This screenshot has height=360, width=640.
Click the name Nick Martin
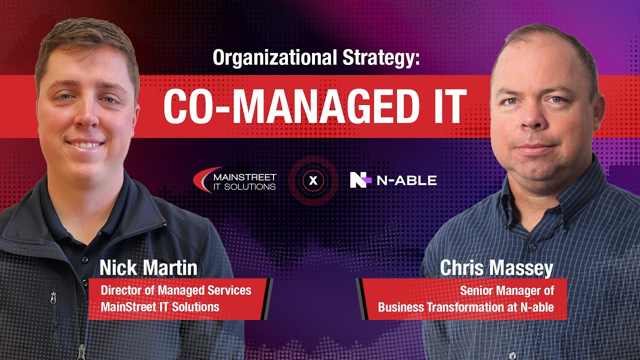(148, 268)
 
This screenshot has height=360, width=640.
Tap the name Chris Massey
(496, 268)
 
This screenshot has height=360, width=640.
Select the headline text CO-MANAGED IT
(314, 107)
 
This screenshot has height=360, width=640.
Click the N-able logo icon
(360, 180)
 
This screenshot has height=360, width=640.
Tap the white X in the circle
(313, 180)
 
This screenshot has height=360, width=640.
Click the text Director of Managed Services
(176, 290)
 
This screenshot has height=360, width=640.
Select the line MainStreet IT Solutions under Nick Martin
(160, 306)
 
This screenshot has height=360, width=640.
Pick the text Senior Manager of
(506, 290)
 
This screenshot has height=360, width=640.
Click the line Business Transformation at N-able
(465, 307)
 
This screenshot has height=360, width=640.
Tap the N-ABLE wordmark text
(406, 180)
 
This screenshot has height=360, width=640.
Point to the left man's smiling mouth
(85, 144)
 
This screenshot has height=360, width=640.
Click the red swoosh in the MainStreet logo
(205, 177)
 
